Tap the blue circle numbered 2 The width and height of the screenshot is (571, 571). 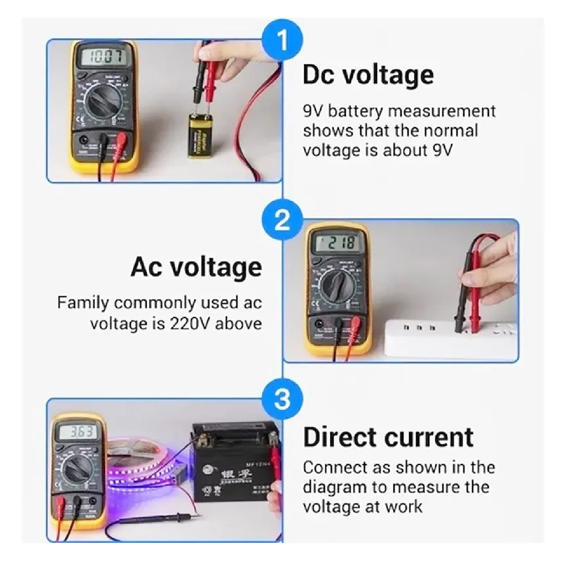tap(283, 220)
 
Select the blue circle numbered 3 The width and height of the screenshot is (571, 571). tap(283, 399)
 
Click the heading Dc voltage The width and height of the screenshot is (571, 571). tap(368, 75)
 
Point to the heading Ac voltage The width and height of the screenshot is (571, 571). tap(196, 267)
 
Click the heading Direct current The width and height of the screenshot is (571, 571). tap(388, 437)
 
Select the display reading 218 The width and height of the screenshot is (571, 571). tap(336, 243)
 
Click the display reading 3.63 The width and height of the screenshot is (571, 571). tap(77, 432)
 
